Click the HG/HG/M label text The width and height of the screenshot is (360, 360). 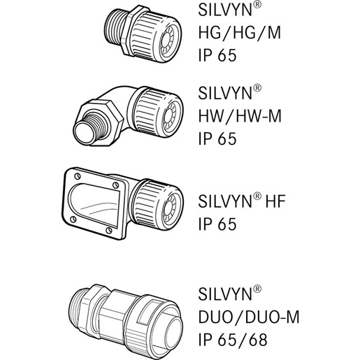point(240,33)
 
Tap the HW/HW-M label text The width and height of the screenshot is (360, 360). point(240,116)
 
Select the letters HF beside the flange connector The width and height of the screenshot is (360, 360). point(275,201)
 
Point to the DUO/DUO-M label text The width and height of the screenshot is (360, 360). point(249,317)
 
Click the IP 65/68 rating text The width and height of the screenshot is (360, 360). point(233,340)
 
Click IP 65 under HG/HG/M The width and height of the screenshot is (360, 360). point(217,55)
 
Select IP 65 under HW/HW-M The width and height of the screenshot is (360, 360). point(217,138)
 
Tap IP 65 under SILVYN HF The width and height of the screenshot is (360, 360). point(217,224)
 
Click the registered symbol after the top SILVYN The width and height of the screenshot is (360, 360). point(257,5)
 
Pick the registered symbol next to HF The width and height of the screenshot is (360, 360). point(257,196)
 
